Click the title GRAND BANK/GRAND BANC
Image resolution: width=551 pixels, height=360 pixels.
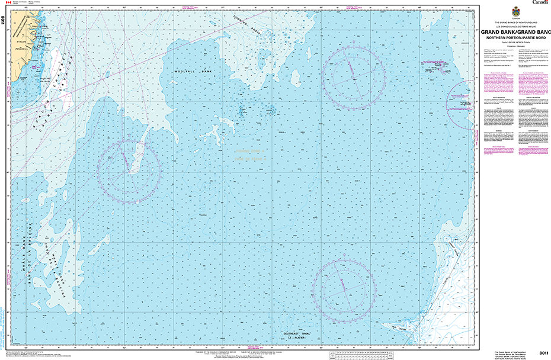coord(514,32)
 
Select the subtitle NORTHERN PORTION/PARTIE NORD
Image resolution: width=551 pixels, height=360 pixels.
coord(514,37)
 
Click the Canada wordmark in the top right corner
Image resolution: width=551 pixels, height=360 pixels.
coord(540,3)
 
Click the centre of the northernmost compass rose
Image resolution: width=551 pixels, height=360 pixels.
coord(352,72)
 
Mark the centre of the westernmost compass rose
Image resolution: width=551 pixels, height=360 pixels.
coord(129,168)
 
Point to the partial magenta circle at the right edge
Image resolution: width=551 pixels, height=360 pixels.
coord(463,104)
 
